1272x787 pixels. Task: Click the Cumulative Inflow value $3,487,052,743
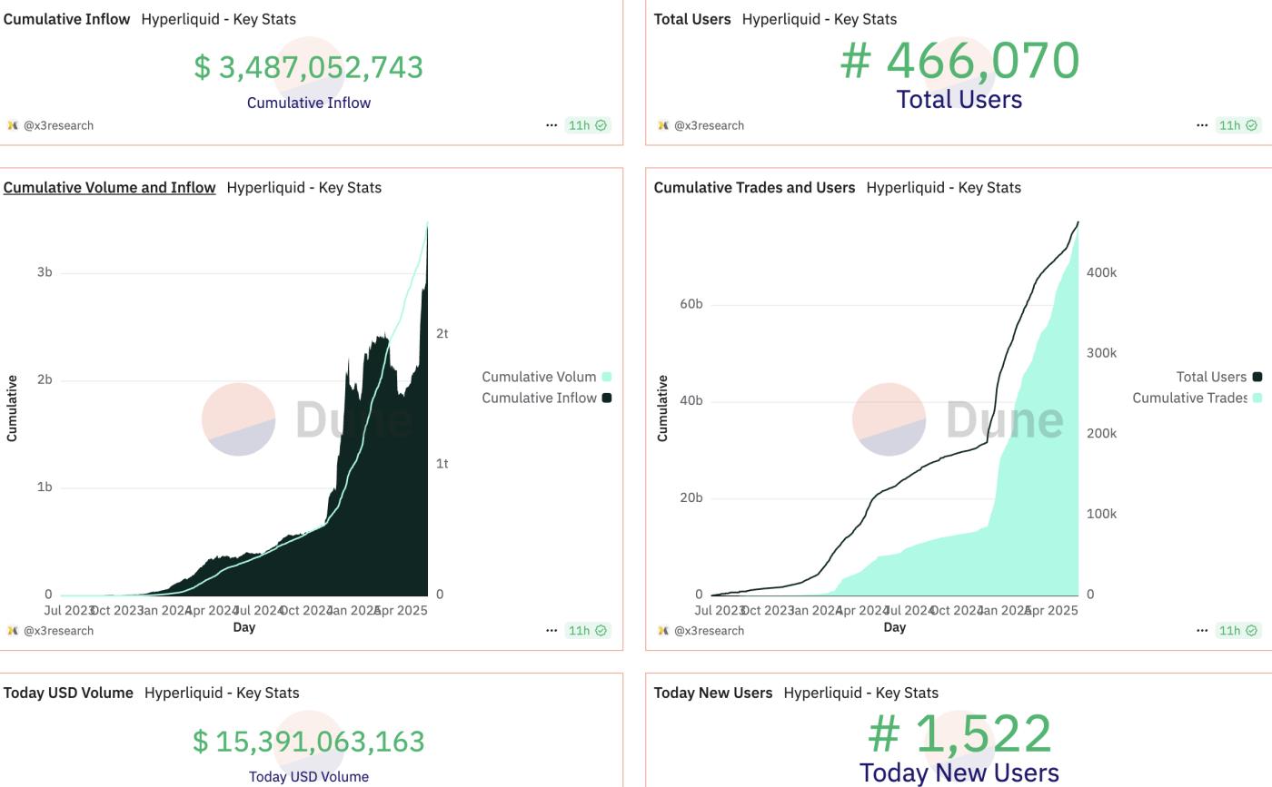[308, 67]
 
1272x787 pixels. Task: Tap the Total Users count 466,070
[959, 61]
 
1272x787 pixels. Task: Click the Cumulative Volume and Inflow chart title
[109, 188]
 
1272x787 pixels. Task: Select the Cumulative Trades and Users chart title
[754, 188]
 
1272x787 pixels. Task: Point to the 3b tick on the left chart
[44, 272]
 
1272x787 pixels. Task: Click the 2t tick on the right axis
[442, 334]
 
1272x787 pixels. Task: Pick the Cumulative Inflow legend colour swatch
[607, 398]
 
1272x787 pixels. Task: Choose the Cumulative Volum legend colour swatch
[607, 377]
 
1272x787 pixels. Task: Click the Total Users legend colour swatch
[1257, 377]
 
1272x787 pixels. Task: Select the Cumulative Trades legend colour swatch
[1257, 398]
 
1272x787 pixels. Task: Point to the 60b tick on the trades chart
[691, 304]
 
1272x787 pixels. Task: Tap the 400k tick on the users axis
[1101, 272]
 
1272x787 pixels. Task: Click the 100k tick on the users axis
[1101, 514]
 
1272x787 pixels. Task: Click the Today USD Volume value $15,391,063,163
[308, 742]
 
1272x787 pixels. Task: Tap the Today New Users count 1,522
[959, 733]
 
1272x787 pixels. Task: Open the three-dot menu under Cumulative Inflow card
[552, 125]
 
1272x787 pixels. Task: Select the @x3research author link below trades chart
[709, 631]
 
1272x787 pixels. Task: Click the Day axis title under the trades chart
[894, 627]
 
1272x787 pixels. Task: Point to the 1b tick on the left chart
[44, 487]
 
